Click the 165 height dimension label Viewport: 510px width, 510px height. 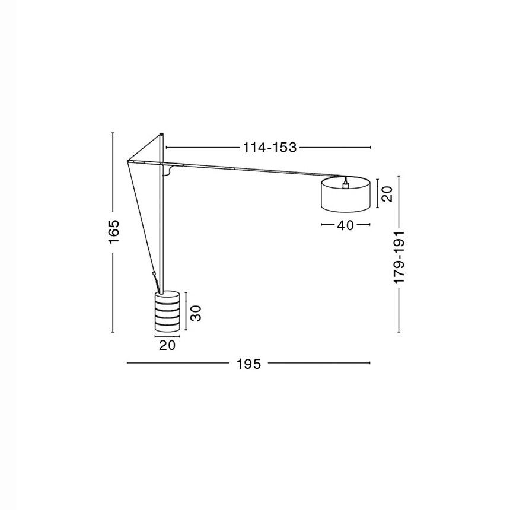coord(114,232)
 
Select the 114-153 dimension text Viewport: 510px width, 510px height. coord(270,148)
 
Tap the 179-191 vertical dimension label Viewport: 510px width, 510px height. coord(399,257)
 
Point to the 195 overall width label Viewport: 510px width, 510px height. coord(248,364)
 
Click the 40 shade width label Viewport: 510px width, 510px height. coord(345,225)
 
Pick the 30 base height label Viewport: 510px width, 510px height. coord(196,313)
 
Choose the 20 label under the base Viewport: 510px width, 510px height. coord(167,345)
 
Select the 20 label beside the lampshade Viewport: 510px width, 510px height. coord(387,194)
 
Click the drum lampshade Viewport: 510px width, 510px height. coord(345,195)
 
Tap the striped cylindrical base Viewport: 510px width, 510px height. coord(167,311)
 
